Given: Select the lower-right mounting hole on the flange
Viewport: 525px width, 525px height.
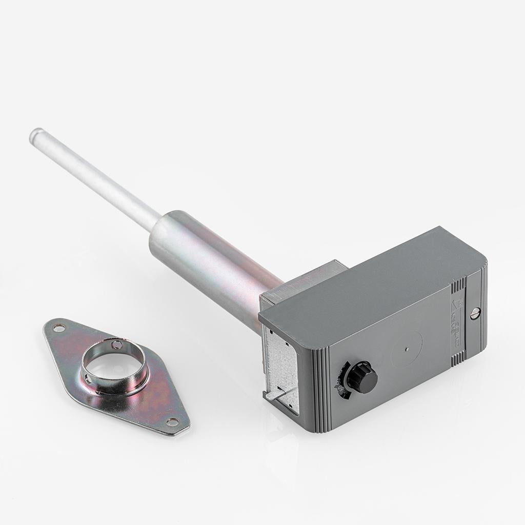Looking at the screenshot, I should [x=172, y=421].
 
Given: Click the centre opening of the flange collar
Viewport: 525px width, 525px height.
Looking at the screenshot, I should [x=114, y=367].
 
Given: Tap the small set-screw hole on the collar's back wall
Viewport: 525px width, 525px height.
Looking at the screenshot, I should [x=117, y=345].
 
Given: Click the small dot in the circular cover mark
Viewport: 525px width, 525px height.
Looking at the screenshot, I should [x=406, y=350].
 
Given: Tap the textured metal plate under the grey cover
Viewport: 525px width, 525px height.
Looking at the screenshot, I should [x=281, y=359].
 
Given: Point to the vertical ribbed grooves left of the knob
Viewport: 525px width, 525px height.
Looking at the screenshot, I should [x=319, y=390].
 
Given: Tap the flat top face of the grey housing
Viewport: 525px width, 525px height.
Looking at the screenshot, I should [x=369, y=282].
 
